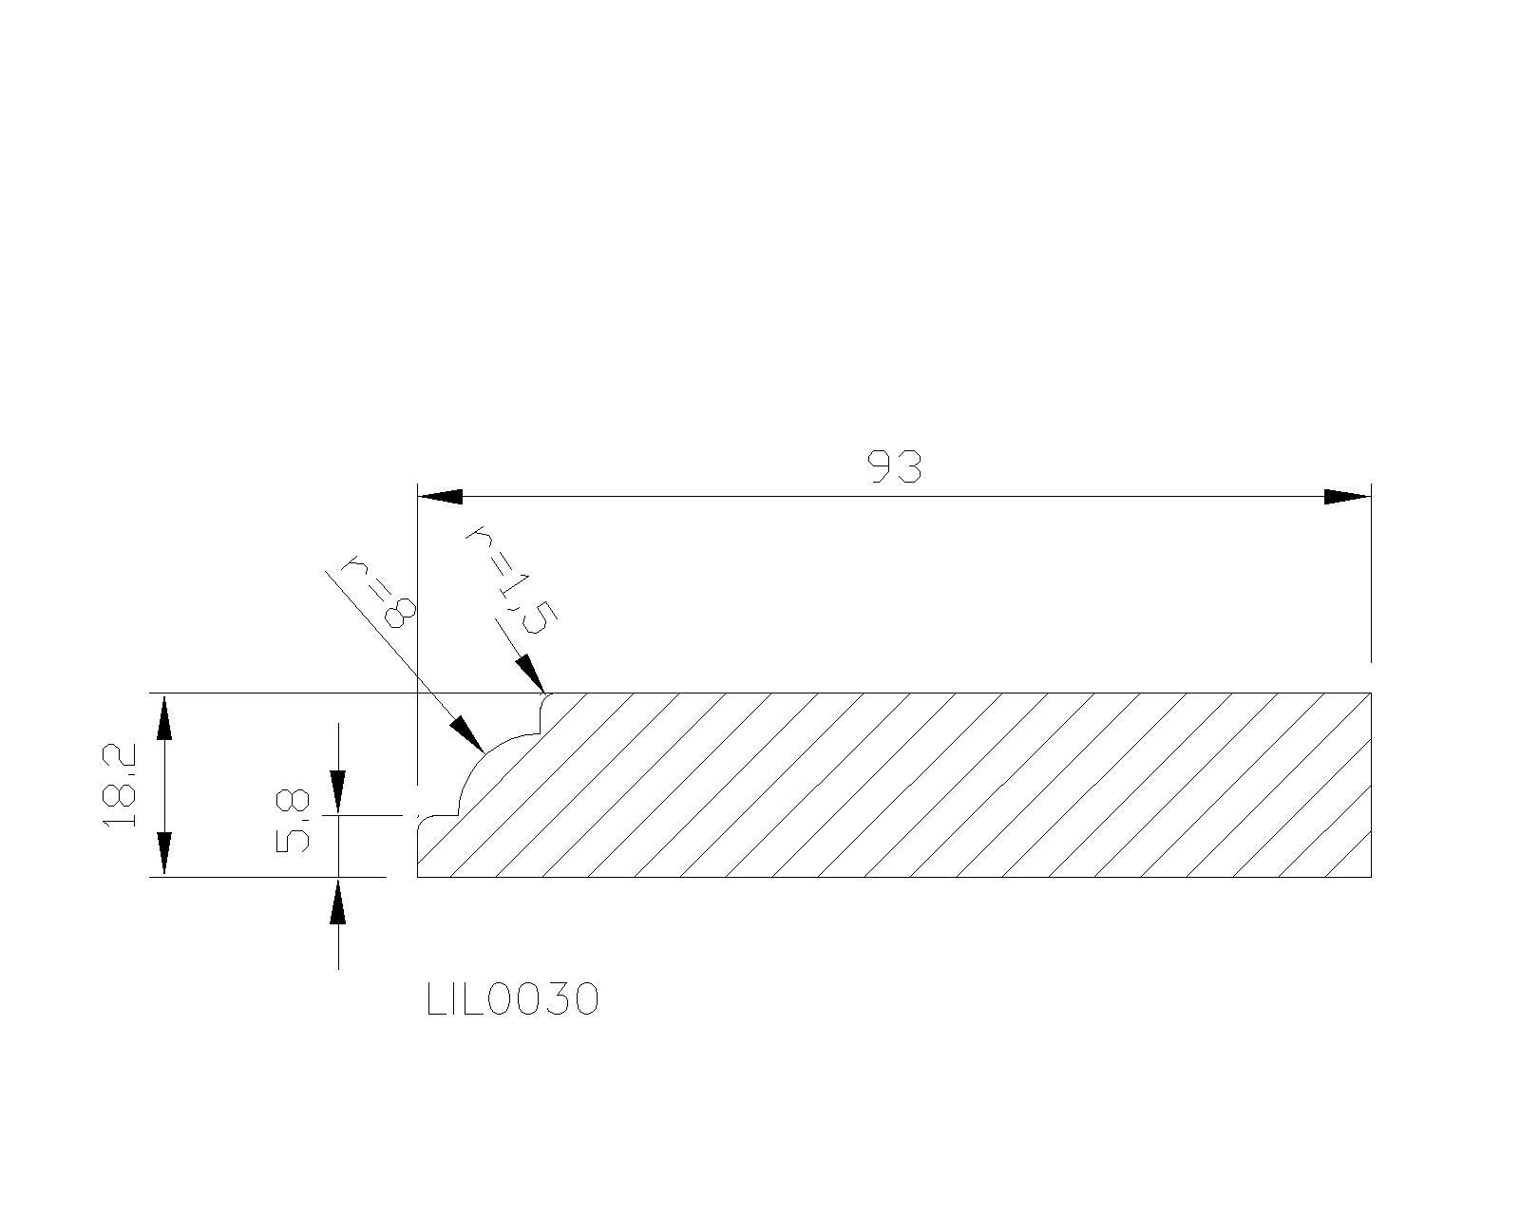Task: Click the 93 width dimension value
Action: pos(894,467)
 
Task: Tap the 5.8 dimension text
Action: pos(293,821)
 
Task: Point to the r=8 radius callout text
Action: pos(378,593)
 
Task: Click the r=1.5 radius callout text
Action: pos(512,579)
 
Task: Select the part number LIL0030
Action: pos(513,1000)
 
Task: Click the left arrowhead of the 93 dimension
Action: pos(440,497)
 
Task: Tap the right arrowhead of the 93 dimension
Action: pos(1348,497)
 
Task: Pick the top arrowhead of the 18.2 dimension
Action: pos(163,717)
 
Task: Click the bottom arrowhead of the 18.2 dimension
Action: pos(163,853)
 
